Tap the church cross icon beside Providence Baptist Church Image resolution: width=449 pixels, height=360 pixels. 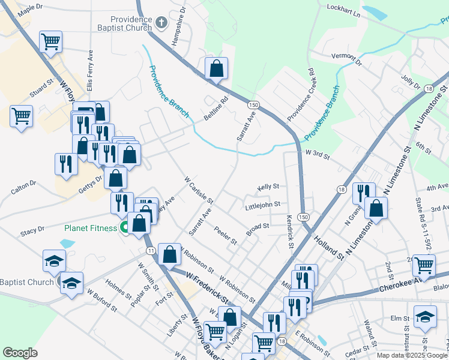click(x=160, y=23)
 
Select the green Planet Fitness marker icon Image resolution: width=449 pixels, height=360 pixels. click(x=124, y=227)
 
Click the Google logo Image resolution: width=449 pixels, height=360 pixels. click(x=20, y=353)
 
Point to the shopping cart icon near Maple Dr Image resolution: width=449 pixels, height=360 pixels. click(x=51, y=42)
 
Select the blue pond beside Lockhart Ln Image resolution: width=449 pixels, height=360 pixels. click(x=374, y=13)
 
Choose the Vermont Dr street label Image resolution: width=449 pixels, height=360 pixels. click(x=348, y=59)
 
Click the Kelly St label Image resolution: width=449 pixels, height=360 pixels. click(x=269, y=187)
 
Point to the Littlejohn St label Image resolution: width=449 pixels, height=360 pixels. click(x=263, y=205)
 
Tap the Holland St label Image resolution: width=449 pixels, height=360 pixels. click(x=330, y=247)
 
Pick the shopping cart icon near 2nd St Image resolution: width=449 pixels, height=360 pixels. click(x=424, y=264)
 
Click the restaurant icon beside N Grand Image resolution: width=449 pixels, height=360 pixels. click(x=364, y=192)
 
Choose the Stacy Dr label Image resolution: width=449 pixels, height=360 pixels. click(x=32, y=229)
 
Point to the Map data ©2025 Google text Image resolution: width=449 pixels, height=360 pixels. click(x=412, y=355)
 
